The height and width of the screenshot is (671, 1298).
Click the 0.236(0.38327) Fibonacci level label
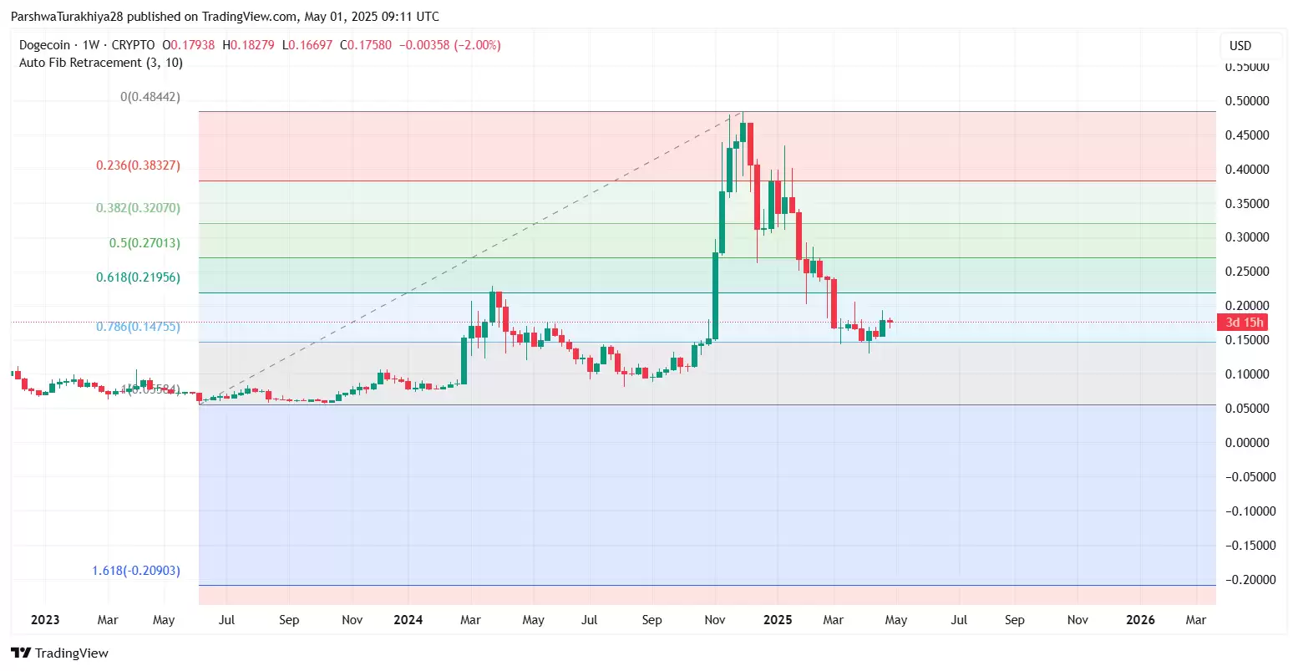[x=138, y=165]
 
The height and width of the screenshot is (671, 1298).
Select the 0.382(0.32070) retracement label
[x=138, y=208]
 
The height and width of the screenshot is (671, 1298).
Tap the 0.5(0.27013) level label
[x=145, y=243]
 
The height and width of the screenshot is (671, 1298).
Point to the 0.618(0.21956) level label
[x=138, y=277]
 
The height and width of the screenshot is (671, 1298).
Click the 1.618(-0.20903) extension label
[x=135, y=571]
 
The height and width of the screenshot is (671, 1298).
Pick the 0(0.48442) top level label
[x=150, y=97]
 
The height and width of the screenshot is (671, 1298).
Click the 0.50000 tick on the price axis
[x=1247, y=101]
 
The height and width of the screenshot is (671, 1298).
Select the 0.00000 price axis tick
[x=1247, y=443]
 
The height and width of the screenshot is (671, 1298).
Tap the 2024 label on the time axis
[x=408, y=620]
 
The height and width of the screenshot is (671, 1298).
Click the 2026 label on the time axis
[x=1140, y=620]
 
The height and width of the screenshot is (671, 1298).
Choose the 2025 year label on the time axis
[x=778, y=620]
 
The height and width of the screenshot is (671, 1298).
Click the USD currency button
[x=1240, y=46]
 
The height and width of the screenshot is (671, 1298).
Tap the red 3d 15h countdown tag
[x=1244, y=323]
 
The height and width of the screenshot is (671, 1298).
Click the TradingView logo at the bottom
[x=60, y=653]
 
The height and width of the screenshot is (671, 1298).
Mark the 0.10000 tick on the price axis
[x=1247, y=374]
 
